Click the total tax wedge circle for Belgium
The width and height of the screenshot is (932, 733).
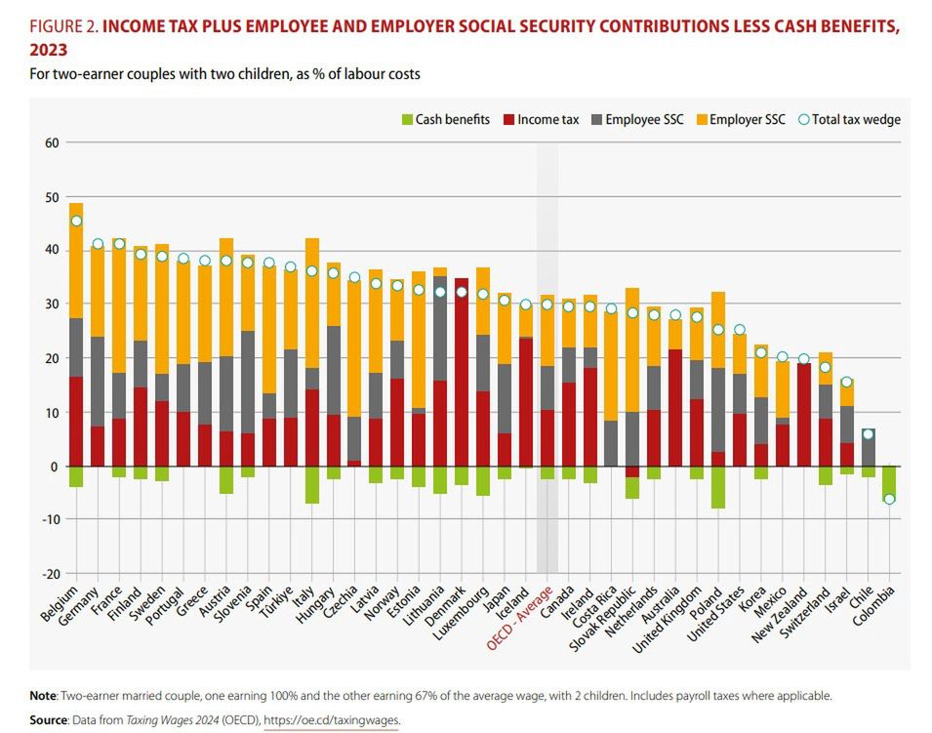[76, 221]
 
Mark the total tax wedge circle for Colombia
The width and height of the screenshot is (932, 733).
[889, 499]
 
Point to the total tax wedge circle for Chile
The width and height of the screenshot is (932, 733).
[868, 434]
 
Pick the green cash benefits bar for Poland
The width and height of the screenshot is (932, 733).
[718, 487]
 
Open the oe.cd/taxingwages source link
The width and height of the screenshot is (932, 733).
[331, 720]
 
